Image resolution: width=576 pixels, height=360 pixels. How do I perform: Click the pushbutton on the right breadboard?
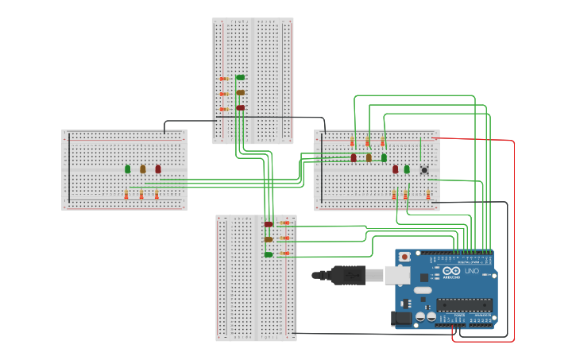(x=424, y=169)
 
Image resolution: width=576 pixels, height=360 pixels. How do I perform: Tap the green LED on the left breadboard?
(x=127, y=168)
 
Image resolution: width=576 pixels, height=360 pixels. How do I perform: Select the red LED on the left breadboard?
(x=158, y=168)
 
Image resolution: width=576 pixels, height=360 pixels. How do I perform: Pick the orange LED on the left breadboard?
(x=143, y=168)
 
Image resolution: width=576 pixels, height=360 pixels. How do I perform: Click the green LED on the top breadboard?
(x=241, y=77)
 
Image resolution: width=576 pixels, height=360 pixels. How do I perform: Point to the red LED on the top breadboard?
(x=241, y=107)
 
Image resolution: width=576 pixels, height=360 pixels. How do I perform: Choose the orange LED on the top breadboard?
(x=241, y=92)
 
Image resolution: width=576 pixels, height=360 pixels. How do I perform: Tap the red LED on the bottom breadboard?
(x=269, y=224)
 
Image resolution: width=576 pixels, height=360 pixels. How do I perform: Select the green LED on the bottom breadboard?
(x=269, y=254)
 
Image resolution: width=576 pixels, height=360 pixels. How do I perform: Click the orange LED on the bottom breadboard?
(x=269, y=239)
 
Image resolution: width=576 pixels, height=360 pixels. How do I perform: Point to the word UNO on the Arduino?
(x=471, y=271)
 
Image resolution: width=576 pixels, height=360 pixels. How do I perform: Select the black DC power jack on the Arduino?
(x=403, y=318)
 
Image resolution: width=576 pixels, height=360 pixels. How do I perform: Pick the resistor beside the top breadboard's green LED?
(x=224, y=79)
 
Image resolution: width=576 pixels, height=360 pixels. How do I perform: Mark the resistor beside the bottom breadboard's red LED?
(x=284, y=223)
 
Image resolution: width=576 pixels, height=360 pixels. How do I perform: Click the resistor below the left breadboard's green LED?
(x=126, y=195)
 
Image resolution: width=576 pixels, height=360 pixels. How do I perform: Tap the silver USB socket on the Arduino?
(x=397, y=275)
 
